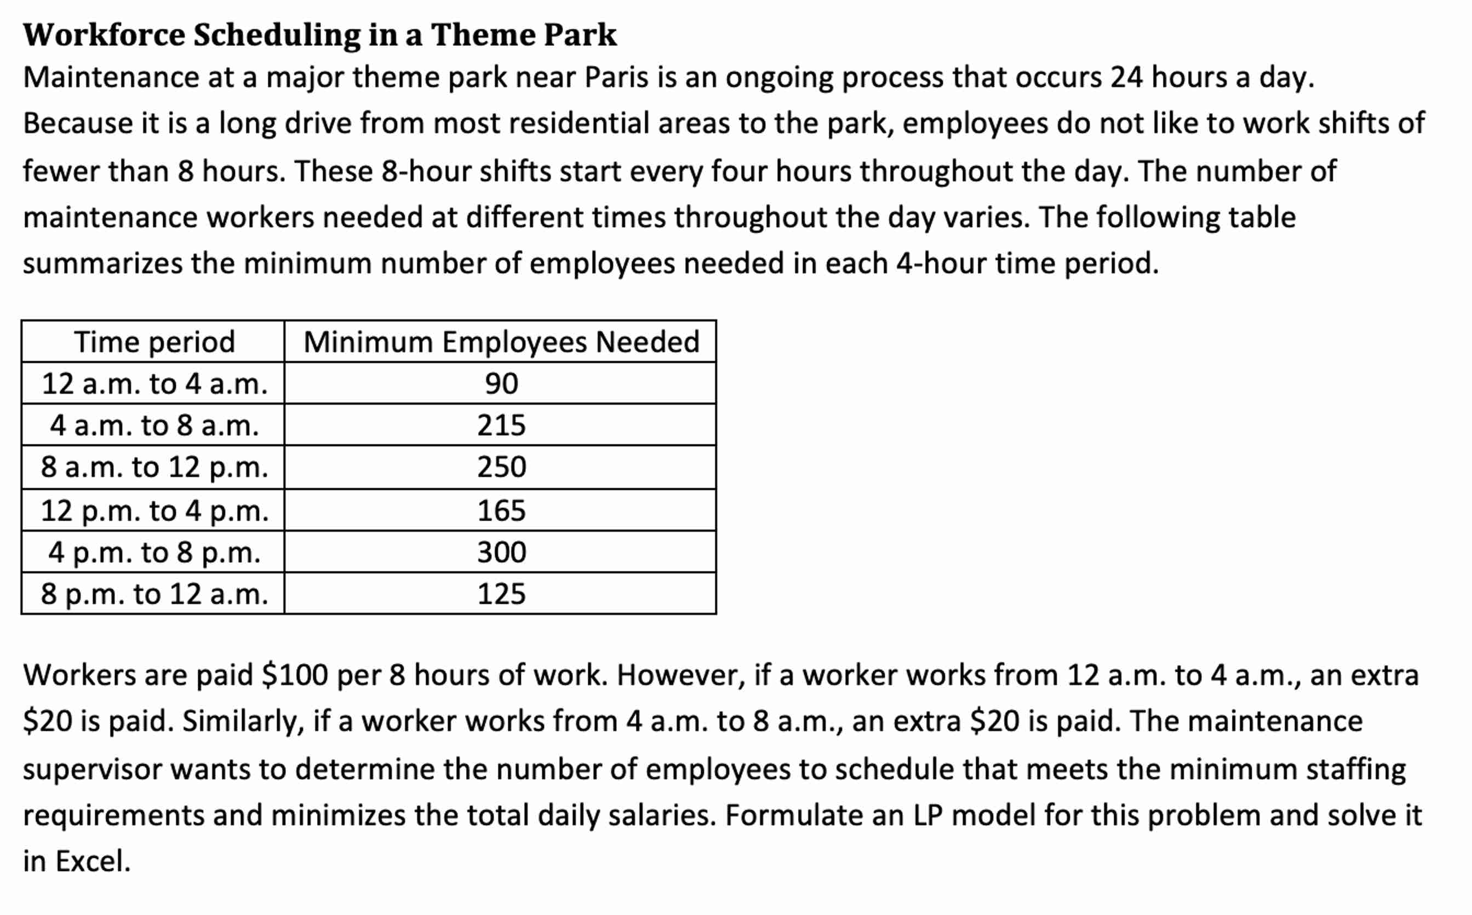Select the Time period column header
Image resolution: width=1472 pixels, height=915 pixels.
(154, 342)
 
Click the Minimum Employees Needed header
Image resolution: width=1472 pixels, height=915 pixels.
(501, 342)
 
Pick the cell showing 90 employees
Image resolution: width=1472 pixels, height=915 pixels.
(501, 384)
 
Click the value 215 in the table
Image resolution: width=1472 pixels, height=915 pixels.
(501, 425)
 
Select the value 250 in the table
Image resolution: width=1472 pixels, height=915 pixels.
(501, 467)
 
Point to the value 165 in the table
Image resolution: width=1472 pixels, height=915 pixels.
(501, 511)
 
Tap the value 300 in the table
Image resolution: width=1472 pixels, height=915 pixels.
(501, 553)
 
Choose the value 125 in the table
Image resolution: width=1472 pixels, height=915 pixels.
(501, 594)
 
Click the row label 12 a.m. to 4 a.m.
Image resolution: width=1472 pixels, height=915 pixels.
(154, 384)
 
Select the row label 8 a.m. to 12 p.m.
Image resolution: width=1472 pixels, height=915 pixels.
(154, 467)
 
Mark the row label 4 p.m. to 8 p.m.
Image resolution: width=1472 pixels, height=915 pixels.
(154, 553)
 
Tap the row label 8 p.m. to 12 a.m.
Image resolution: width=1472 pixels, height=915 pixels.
(154, 594)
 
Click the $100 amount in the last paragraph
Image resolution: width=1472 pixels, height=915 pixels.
(295, 675)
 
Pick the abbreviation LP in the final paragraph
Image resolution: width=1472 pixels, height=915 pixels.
(928, 816)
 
